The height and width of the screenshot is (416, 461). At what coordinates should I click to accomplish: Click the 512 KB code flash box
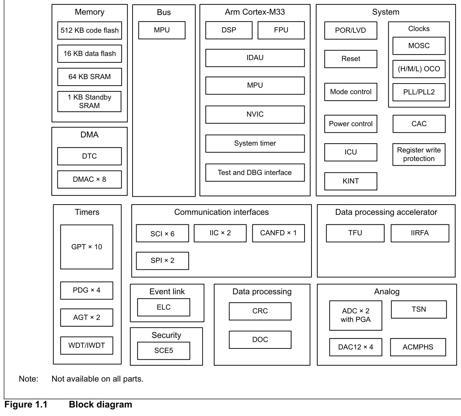tap(89, 31)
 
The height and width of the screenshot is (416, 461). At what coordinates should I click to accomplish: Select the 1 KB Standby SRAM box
tap(89, 102)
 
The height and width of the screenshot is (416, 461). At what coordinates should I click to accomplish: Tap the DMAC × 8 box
tap(89, 179)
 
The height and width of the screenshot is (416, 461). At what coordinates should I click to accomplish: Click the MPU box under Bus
tap(162, 30)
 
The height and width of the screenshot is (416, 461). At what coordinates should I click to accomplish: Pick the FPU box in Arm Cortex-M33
tap(281, 30)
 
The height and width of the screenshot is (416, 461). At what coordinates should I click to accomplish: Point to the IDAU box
tap(255, 58)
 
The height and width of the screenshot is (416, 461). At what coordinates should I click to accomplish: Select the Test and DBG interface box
tap(255, 173)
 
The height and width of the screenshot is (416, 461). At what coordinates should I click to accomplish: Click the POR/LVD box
tap(351, 31)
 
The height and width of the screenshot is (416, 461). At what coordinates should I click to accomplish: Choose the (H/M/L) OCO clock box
tap(419, 69)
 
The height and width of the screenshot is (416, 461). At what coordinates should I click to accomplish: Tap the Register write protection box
tap(419, 154)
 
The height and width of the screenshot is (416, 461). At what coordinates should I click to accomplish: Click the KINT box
tap(351, 181)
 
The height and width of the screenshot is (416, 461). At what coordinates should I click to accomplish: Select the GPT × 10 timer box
tap(87, 247)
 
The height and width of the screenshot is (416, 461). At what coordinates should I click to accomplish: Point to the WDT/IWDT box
tap(87, 345)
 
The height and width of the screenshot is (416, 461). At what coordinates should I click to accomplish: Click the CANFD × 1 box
tap(279, 233)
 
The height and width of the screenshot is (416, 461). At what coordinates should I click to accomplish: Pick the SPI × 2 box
tap(163, 261)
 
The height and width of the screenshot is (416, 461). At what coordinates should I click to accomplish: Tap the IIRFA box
tap(420, 233)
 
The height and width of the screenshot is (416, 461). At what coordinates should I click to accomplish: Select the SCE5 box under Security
tap(164, 351)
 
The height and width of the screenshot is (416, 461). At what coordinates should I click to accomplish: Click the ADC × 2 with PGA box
tap(356, 315)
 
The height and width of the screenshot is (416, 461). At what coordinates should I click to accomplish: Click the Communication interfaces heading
tap(221, 212)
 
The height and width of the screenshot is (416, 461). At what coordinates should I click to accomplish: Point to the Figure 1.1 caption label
tap(26, 404)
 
